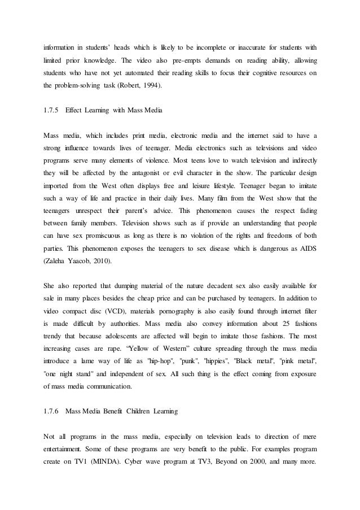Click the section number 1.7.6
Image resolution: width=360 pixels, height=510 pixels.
click(x=51, y=412)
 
